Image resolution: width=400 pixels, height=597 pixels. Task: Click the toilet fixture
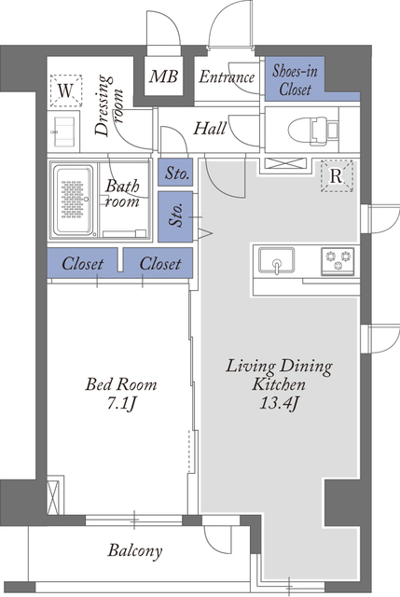click(313, 131)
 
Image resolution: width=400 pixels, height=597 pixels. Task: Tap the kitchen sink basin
click(277, 260)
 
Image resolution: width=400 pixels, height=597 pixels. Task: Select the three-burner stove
click(338, 261)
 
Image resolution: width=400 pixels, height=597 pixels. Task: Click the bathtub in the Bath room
click(74, 201)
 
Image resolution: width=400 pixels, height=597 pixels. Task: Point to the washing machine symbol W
click(66, 90)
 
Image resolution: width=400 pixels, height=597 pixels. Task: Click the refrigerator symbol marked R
click(337, 176)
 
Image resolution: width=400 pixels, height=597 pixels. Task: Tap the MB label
click(163, 76)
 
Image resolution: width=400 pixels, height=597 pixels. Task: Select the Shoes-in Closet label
click(295, 80)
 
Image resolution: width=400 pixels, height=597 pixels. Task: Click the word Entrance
click(227, 77)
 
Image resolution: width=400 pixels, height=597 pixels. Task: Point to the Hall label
click(210, 129)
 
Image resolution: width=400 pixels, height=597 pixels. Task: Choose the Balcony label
click(135, 551)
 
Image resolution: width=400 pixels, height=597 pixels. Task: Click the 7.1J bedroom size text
click(120, 404)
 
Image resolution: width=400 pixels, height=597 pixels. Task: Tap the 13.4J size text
click(278, 403)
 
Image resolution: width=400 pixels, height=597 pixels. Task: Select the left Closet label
click(82, 263)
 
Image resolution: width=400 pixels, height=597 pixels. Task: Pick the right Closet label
click(159, 263)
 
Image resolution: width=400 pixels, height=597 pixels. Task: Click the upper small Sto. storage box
click(175, 174)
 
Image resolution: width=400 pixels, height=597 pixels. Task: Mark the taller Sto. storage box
click(175, 216)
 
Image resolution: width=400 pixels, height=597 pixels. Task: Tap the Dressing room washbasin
click(64, 132)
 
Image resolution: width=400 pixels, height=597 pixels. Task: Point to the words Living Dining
click(279, 367)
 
